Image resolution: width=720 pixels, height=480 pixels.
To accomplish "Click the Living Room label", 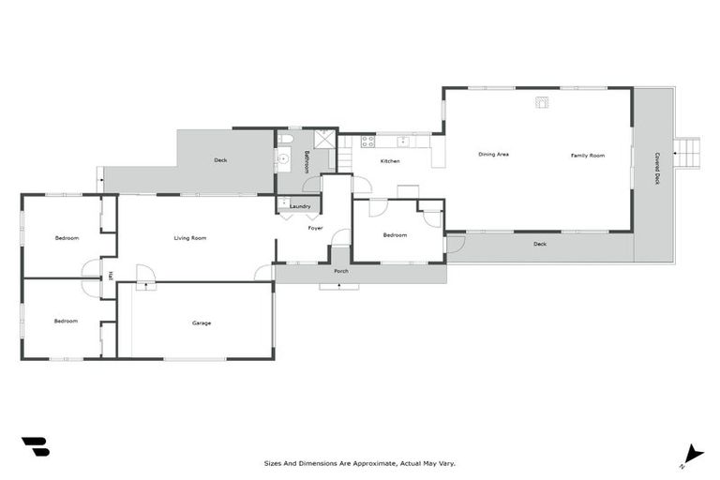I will coord(190,238).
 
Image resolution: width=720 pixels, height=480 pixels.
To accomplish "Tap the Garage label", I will coord(202,323).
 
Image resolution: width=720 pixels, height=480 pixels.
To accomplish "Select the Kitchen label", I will coord(390,161).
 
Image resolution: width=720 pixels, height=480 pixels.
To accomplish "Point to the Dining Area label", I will coord(493,155).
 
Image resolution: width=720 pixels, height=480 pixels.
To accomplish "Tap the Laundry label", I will coord(300,206).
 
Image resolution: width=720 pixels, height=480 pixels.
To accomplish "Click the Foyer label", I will coord(316,228).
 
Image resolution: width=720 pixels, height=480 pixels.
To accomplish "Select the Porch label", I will coord(341,271).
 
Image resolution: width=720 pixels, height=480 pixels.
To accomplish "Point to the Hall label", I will coord(111,276).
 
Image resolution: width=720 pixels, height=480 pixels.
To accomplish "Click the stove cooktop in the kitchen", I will coord(368,142).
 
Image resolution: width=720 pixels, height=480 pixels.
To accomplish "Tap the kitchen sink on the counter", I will coord(403,142).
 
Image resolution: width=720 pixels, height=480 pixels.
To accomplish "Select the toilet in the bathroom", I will coord(287,141).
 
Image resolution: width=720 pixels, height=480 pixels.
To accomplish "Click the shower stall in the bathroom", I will coord(323,141).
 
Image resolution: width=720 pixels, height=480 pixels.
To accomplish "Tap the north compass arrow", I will coord(693,453).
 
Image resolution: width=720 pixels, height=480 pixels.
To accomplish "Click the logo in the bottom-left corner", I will coord(35,446).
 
